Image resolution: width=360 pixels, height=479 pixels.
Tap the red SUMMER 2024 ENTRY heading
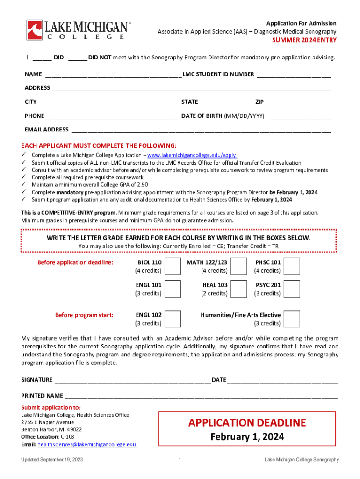click(304, 40)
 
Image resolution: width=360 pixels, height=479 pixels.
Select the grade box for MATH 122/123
click(239, 266)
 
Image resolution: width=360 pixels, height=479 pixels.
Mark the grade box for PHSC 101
click(292, 266)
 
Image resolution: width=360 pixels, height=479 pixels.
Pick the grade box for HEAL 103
click(239, 289)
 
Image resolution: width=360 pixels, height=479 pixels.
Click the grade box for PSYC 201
click(292, 289)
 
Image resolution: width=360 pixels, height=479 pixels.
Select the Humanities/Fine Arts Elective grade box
click(292, 319)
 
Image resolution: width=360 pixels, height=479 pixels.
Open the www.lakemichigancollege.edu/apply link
click(192, 155)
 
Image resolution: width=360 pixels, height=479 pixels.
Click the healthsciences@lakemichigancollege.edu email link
click(87, 445)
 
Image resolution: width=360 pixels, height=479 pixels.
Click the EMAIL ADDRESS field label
click(46, 130)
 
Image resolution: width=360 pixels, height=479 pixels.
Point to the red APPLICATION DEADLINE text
click(247, 423)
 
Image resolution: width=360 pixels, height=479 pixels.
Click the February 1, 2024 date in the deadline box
click(247, 437)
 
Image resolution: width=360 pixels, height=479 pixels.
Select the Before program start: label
click(84, 315)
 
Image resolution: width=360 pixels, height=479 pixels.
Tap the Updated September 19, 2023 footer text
click(52, 460)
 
